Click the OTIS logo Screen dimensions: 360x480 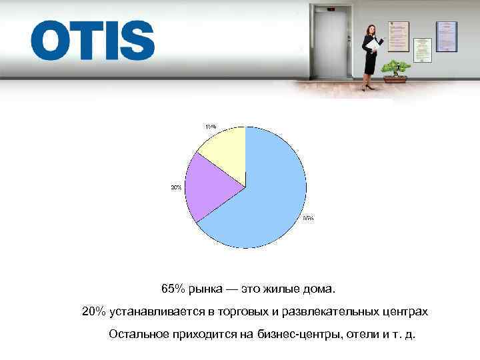click(x=92, y=41)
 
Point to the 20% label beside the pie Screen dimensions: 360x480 click(x=176, y=188)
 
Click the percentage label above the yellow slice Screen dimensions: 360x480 click(x=210, y=126)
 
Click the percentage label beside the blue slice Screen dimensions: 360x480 click(x=308, y=218)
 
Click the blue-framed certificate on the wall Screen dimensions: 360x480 click(x=446, y=36)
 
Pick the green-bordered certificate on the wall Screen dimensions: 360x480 click(x=422, y=50)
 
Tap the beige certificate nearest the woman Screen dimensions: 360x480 click(x=399, y=36)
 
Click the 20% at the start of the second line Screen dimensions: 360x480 click(x=93, y=311)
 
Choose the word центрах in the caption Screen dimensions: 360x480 click(x=407, y=311)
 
